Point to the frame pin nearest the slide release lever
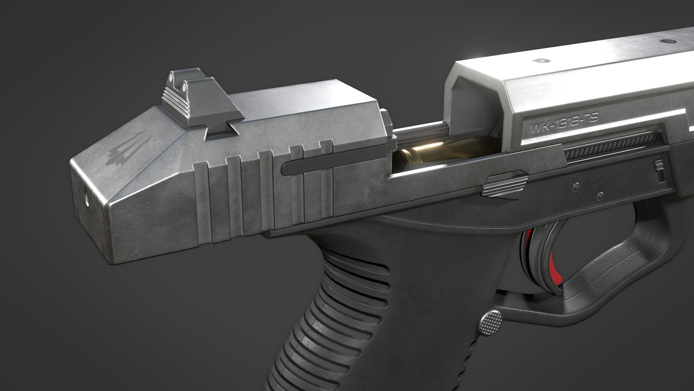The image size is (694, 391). click(576, 186)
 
